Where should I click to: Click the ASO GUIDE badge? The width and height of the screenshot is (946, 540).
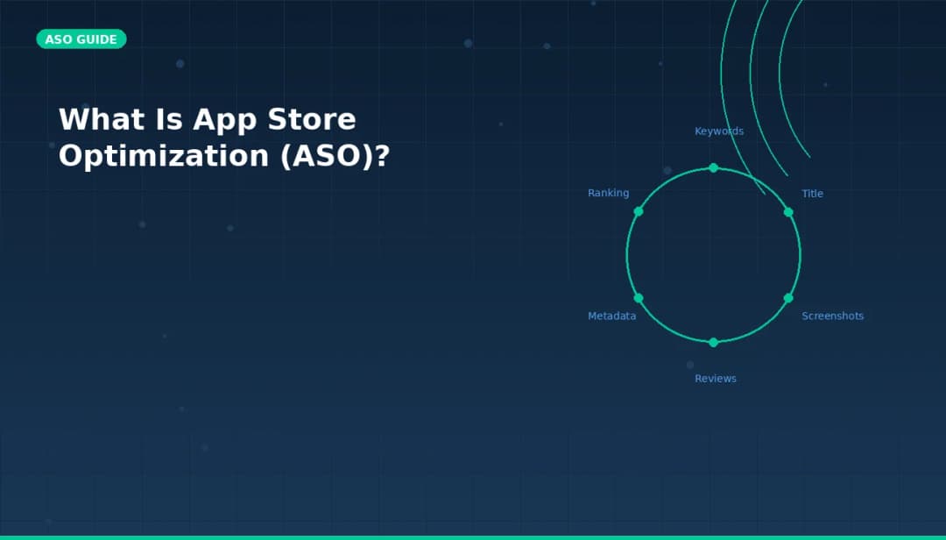(81, 39)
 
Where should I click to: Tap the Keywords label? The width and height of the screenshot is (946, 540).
(719, 131)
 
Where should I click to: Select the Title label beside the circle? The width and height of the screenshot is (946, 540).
(812, 194)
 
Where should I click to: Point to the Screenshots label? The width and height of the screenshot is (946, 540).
(832, 316)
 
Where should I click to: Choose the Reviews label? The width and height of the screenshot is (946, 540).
(716, 379)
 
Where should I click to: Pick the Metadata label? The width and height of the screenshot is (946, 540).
(611, 316)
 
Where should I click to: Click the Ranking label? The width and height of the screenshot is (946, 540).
(608, 194)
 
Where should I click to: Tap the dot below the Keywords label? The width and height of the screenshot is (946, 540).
(713, 167)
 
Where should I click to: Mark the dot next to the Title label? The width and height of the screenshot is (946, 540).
(788, 212)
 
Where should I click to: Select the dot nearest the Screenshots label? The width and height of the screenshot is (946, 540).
(788, 298)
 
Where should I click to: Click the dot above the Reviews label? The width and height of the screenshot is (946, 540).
(713, 342)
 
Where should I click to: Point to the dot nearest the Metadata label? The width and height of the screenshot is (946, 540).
(639, 298)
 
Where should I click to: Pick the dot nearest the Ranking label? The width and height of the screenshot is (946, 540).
(639, 211)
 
